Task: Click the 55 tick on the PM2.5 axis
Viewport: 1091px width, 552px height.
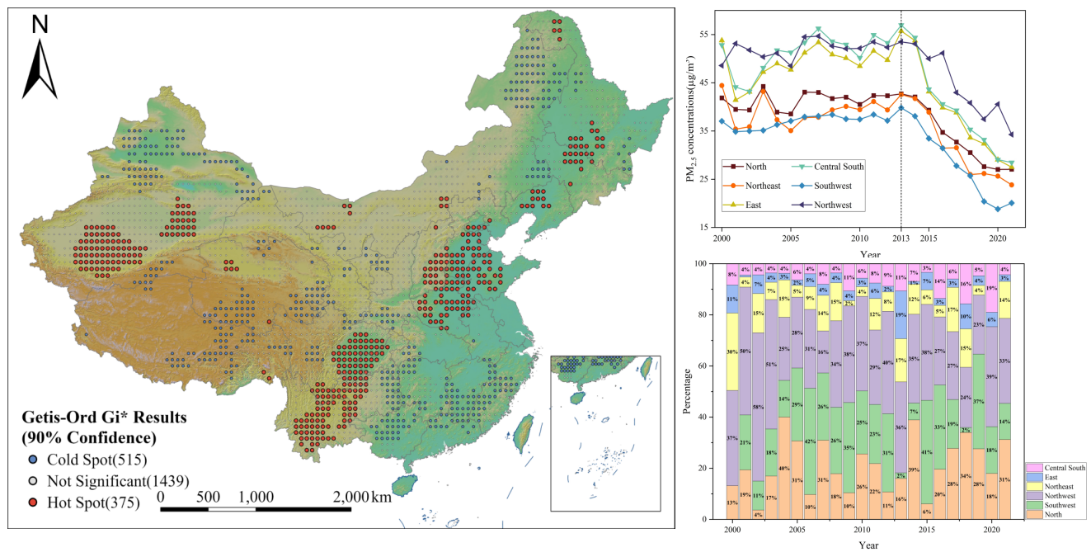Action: [703, 35]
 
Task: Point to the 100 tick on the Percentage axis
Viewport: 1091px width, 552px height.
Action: [701, 263]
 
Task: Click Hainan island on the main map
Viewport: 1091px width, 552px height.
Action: [403, 486]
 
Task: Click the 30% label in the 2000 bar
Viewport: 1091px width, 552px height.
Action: [731, 351]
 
